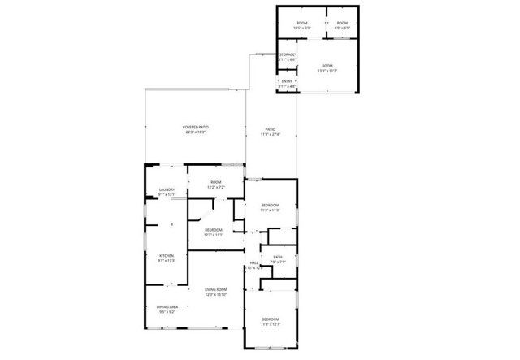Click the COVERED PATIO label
tap(195, 128)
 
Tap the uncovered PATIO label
tap(271, 130)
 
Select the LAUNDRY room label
tap(167, 190)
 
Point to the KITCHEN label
tap(166, 256)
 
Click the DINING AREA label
tap(167, 306)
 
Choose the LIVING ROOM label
tap(215, 290)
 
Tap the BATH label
tap(278, 258)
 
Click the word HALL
tap(253, 263)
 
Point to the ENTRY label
tap(286, 81)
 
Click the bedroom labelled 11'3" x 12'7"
tap(270, 320)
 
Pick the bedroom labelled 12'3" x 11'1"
tap(214, 230)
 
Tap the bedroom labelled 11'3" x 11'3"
tap(270, 205)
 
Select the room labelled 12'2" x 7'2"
tap(215, 182)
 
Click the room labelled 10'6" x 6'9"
tap(301, 22)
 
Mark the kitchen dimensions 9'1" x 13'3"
tap(166, 261)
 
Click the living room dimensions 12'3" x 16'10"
tap(215, 295)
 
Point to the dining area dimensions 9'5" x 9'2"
tap(167, 311)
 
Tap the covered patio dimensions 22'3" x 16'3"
tap(195, 132)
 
